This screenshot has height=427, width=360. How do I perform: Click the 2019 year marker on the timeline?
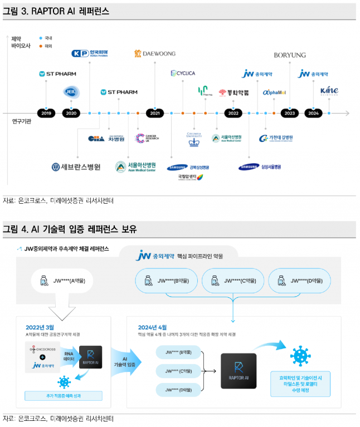(46, 112)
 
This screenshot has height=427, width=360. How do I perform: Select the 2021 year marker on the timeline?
(155, 112)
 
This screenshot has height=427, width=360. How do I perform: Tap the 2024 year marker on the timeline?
(314, 112)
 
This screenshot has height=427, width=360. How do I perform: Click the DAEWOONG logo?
(154, 53)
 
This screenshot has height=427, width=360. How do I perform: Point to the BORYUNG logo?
(289, 55)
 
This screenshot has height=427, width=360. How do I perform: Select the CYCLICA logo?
(182, 73)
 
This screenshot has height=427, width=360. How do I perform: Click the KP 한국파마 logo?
(90, 53)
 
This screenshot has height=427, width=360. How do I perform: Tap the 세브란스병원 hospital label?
(76, 166)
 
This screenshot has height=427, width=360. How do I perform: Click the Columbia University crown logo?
(193, 139)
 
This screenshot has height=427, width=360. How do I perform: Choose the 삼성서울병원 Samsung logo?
(260, 166)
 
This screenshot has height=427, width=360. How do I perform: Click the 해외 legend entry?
(46, 46)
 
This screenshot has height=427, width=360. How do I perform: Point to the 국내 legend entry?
(46, 38)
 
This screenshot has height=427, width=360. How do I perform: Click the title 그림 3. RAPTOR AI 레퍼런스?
(56, 11)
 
